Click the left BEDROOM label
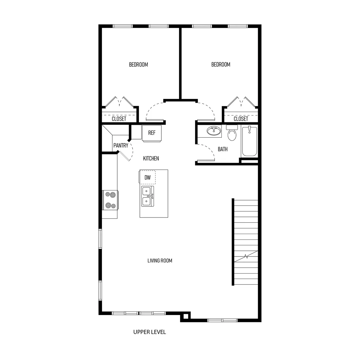coord(138,64)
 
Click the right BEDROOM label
coord(221,64)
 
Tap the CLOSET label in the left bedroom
coord(119,119)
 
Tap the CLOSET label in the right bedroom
coord(241,119)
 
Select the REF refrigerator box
coord(152,133)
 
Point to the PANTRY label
coord(121,145)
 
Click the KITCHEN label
coord(151,158)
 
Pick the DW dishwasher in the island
coord(147,177)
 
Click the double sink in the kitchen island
coord(147,196)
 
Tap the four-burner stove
coord(110,200)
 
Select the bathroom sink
coord(214,131)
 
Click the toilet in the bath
coord(232,133)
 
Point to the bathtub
coord(250,141)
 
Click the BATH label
coord(223,149)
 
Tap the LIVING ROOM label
coord(160,261)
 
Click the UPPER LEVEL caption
coord(149,332)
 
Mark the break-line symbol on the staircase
coord(246,256)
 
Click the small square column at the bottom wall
coord(186,316)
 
